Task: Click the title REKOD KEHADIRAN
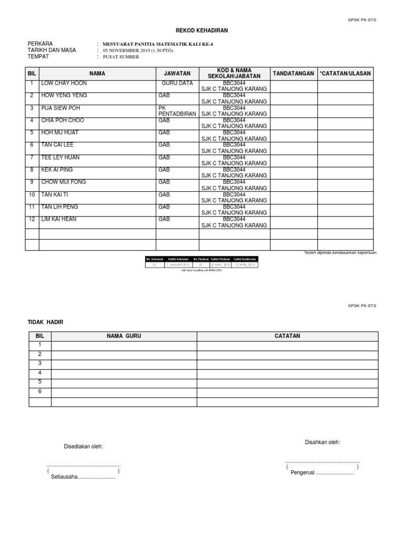(201, 32)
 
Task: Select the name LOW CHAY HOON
(64, 84)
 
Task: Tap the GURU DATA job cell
(177, 84)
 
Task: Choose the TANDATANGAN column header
(294, 74)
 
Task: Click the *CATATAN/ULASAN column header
(346, 74)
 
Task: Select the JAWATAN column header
(177, 74)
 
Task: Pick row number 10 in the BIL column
(32, 195)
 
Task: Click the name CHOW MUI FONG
(64, 182)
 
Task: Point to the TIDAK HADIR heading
(45, 322)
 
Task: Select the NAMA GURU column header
(124, 336)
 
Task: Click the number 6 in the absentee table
(39, 391)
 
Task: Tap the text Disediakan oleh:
(83, 447)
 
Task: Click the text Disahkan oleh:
(322, 442)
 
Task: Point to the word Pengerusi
(302, 472)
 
